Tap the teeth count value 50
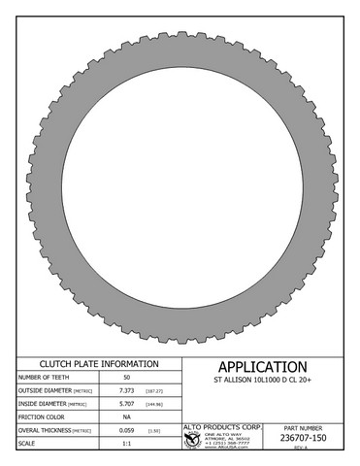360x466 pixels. (x=126, y=377)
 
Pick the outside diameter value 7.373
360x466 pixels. (x=126, y=389)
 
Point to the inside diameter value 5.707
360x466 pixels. (x=126, y=403)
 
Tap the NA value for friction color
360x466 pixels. (x=126, y=416)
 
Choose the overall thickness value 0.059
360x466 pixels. (x=126, y=429)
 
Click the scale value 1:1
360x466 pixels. (x=126, y=443)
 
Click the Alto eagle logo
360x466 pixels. (x=192, y=440)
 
